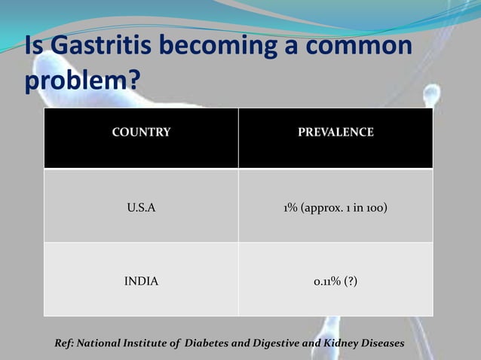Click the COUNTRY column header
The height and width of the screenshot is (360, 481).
pos(141,133)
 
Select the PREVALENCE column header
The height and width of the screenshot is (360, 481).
pos(335,133)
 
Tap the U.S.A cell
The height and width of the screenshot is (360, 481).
pos(141,206)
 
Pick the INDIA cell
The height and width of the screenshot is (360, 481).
pos(141,281)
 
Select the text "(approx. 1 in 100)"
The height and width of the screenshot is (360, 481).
pos(345,206)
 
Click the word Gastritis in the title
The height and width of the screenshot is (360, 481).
pos(106,46)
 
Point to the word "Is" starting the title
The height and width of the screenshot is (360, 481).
pos(34,46)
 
